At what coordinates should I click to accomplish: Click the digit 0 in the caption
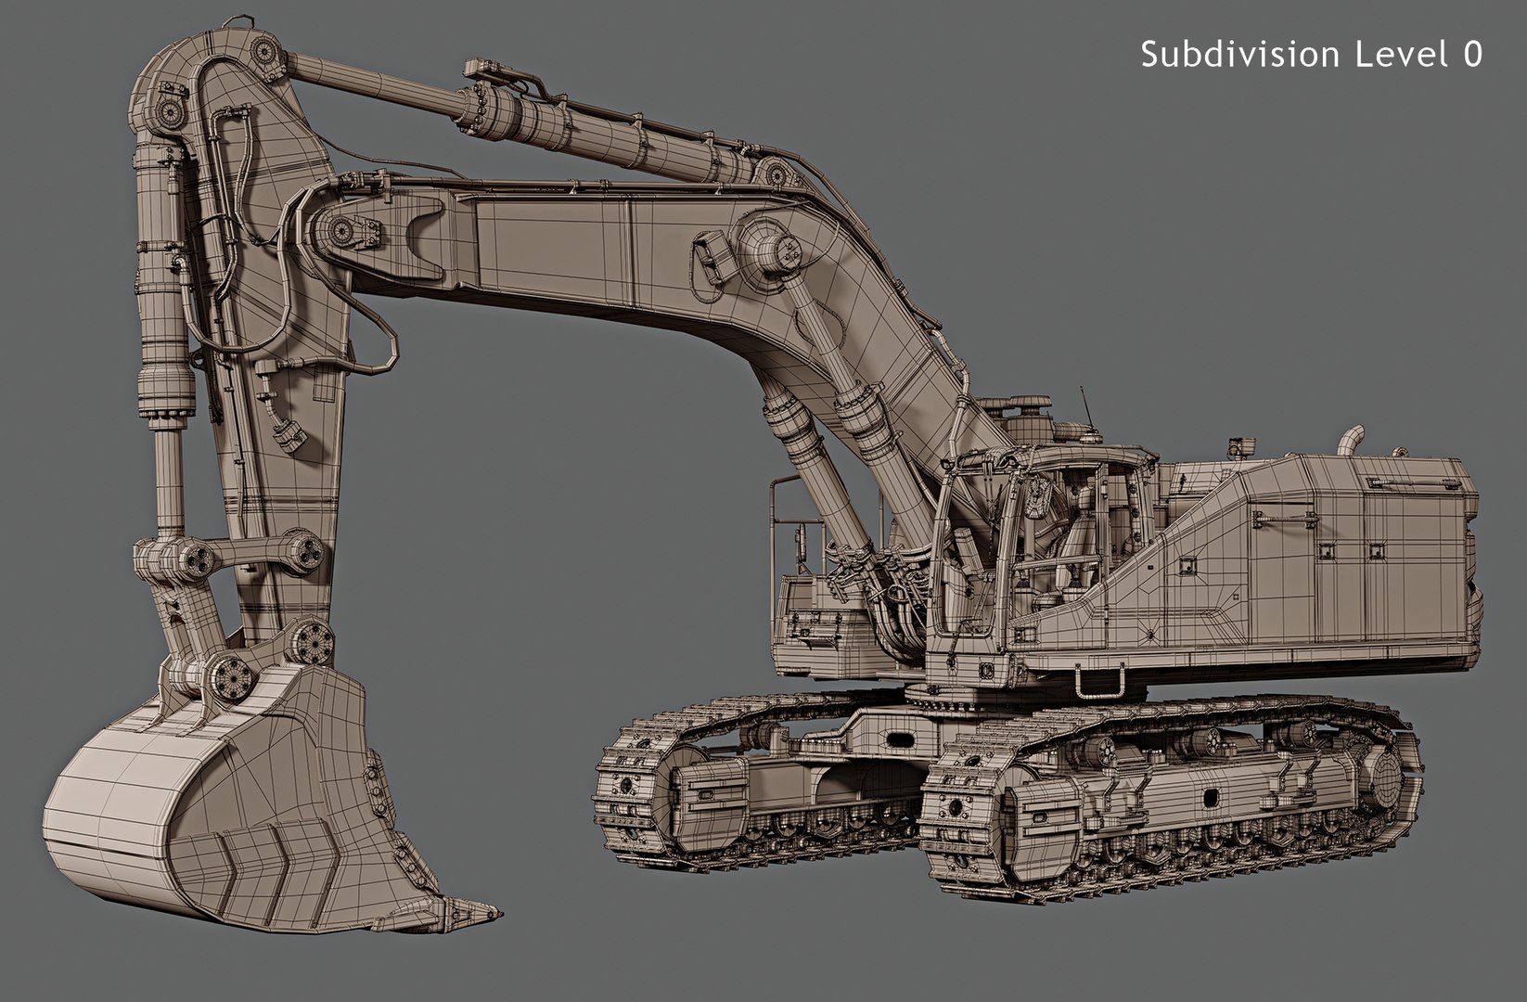click(x=1472, y=54)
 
